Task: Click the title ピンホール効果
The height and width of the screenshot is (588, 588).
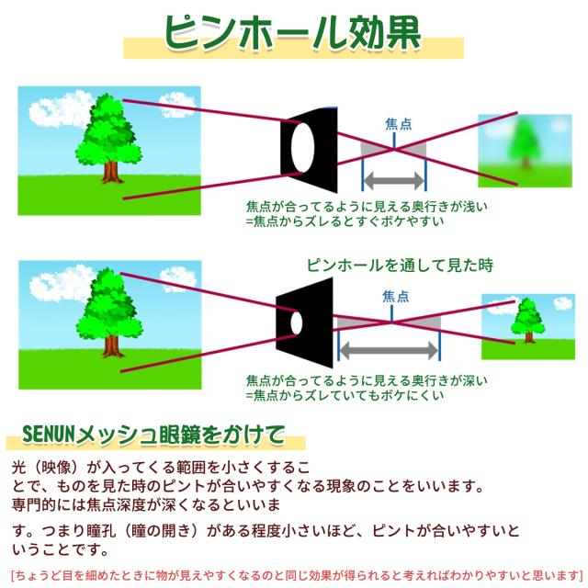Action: [x=294, y=33]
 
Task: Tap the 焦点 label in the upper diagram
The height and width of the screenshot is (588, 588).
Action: [x=399, y=123]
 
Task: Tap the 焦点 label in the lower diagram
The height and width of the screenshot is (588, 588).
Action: [x=396, y=295]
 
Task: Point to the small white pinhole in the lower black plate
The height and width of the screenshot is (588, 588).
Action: [x=296, y=322]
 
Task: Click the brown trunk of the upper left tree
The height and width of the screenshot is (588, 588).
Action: [x=111, y=171]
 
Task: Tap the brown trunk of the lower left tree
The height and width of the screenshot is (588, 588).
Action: [x=111, y=345]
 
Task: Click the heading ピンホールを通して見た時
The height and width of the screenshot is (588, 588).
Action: [x=400, y=266]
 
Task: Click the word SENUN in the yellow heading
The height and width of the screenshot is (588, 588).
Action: [x=46, y=433]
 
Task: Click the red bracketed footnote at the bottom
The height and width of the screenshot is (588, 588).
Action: [x=294, y=576]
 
